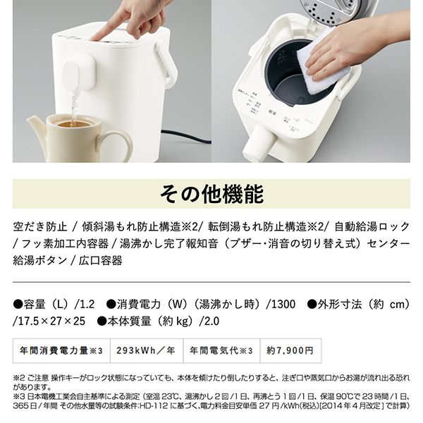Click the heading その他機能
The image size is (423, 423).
pyautogui.click(x=211, y=193)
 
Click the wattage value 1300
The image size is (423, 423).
pyautogui.click(x=279, y=305)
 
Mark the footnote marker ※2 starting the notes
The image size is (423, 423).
pyautogui.click(x=20, y=377)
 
